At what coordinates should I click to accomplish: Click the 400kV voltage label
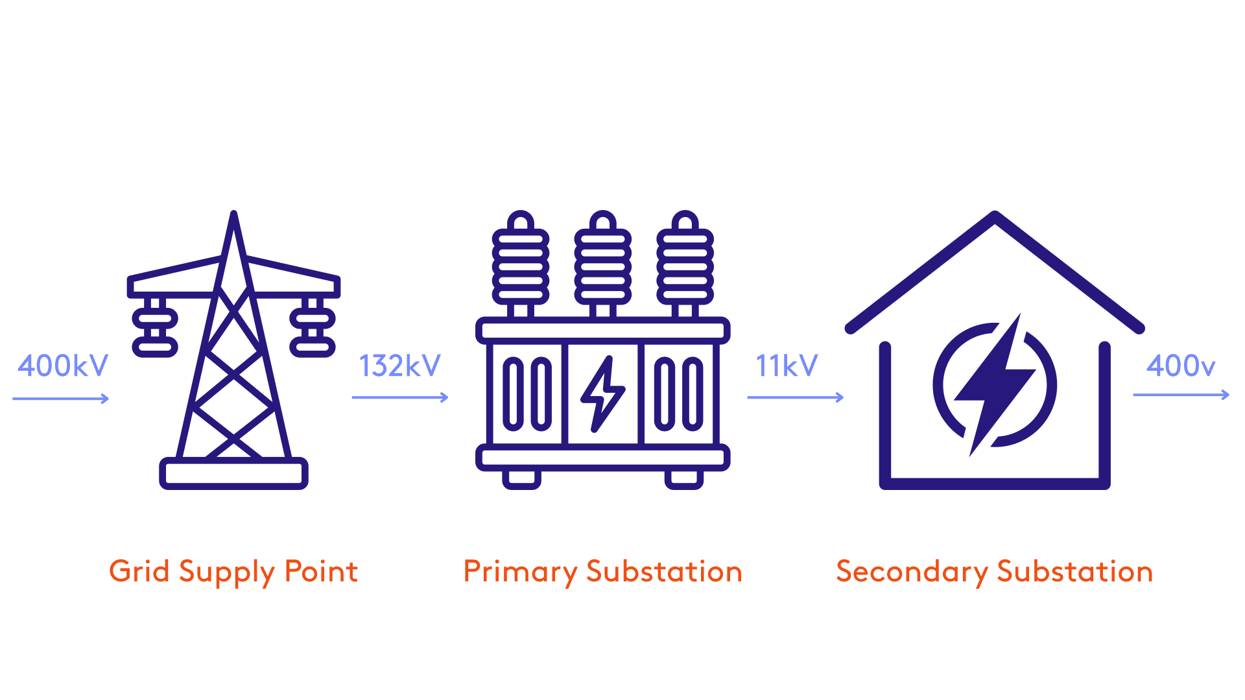(63, 366)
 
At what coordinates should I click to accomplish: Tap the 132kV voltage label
(400, 366)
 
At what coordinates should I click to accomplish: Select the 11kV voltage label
(787, 366)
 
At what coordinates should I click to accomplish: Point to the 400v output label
(1181, 366)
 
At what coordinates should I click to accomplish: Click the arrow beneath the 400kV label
(61, 399)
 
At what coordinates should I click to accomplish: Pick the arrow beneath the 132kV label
(400, 397)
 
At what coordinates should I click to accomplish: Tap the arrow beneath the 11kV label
(796, 397)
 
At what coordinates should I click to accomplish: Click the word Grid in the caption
(139, 572)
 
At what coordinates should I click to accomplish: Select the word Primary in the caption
(520, 572)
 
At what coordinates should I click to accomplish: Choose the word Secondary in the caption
(912, 572)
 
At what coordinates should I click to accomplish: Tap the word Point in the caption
(321, 572)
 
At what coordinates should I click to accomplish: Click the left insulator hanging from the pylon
(155, 327)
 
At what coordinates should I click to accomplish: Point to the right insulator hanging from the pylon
(313, 327)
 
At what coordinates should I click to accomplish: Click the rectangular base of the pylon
(233, 473)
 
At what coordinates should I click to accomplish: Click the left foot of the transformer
(521, 479)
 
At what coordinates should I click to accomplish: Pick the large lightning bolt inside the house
(995, 384)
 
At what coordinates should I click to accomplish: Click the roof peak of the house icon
(995, 218)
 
